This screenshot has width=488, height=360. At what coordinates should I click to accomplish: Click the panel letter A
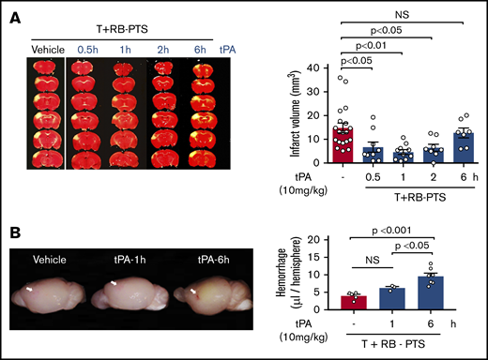tap(13, 13)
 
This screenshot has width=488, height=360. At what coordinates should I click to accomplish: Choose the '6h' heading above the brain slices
tap(197, 51)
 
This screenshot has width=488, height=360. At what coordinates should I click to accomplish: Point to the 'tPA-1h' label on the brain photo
tap(123, 261)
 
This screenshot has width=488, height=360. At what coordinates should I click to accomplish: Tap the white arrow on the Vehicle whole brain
tap(29, 291)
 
